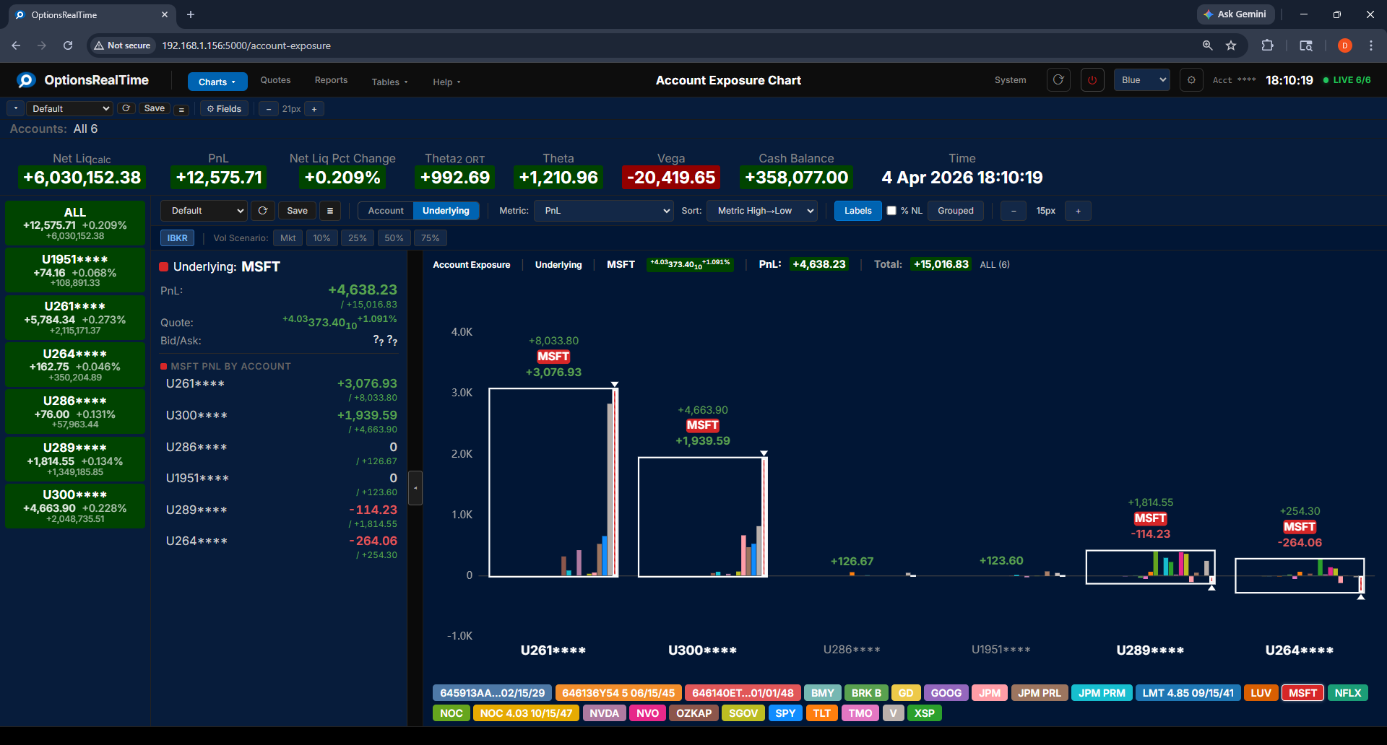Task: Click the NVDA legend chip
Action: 604,713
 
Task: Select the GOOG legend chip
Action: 946,693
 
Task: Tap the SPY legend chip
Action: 785,713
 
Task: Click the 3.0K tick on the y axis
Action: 462,393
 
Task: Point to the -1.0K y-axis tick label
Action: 459,636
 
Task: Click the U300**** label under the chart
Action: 702,650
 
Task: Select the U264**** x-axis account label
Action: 1299,650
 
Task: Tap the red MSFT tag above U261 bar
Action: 553,357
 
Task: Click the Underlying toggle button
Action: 446,211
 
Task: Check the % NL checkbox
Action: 891,211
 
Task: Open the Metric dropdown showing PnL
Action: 604,211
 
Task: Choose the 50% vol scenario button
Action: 394,238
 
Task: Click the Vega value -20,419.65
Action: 671,178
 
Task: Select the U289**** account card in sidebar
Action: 75,459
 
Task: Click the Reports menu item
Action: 331,80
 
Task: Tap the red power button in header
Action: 1092,80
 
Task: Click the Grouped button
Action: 955,211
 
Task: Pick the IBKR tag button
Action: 177,238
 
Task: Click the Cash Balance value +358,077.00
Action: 796,178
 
